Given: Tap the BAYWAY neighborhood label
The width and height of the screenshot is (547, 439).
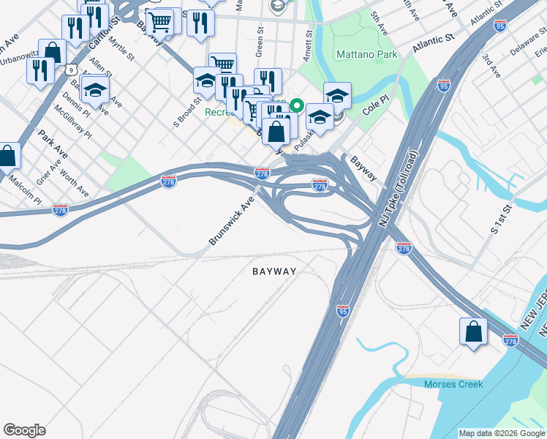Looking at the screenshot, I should point(274,271).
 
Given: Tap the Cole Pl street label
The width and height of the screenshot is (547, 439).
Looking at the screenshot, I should point(377,106).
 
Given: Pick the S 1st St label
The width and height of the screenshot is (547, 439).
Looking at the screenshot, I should point(505,219).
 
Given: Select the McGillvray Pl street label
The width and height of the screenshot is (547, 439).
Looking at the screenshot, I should point(72,122).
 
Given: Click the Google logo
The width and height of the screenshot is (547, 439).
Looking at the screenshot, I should point(24,429).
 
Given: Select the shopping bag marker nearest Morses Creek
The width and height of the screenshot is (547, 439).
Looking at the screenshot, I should point(473,330).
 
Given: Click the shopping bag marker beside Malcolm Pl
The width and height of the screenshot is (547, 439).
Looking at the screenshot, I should point(7,155).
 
